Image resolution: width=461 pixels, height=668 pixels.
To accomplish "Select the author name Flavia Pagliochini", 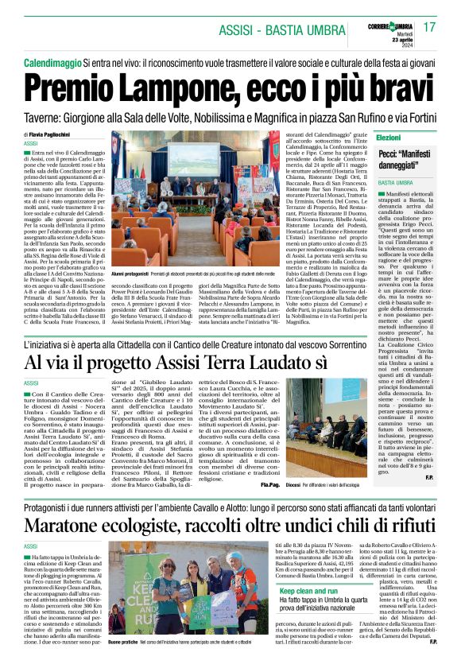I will tap(56, 134).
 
